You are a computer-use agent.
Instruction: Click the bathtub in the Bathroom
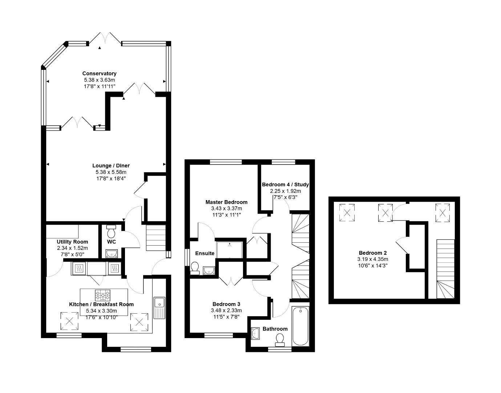click(x=300, y=326)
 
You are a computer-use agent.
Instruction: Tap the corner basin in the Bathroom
click(x=255, y=333)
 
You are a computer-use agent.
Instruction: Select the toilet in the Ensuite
click(x=195, y=267)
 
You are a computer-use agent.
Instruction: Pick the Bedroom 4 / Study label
click(x=285, y=184)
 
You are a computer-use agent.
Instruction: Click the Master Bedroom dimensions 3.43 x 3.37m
click(x=226, y=209)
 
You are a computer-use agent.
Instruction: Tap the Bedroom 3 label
click(x=226, y=304)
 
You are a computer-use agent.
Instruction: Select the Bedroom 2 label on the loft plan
click(x=372, y=253)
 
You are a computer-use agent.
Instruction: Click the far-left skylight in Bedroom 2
click(x=347, y=213)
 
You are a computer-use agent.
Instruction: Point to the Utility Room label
click(x=72, y=242)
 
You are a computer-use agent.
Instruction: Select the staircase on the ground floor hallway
click(x=155, y=238)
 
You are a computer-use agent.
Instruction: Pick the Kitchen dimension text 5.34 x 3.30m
click(x=101, y=311)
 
